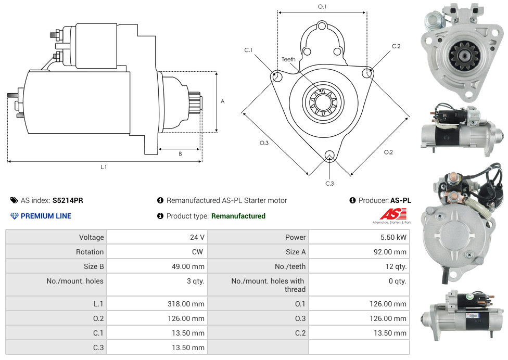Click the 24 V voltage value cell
(197, 237)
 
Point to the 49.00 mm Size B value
(188, 266)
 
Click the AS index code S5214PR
(68, 200)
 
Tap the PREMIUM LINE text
(46, 216)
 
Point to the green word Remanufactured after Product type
(238, 216)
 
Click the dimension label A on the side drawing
(223, 101)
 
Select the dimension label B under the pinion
(180, 154)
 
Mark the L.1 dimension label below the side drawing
(104, 167)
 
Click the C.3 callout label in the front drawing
(329, 183)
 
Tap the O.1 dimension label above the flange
(322, 7)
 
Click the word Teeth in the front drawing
(288, 59)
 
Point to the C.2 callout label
(396, 46)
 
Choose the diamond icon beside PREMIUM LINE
(14, 216)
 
